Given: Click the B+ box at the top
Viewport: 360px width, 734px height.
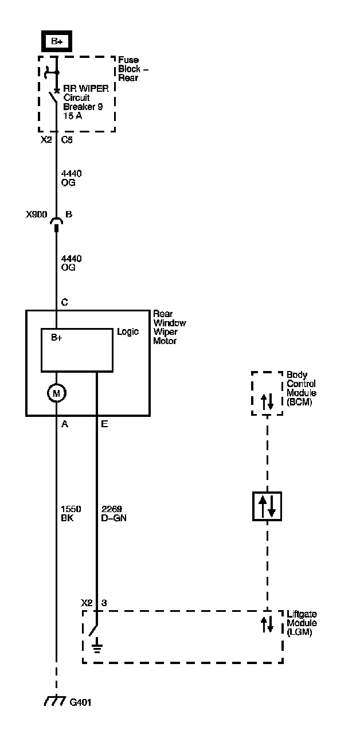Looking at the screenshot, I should pos(56,42).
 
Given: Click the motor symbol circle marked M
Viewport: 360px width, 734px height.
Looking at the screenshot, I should pos(56,393).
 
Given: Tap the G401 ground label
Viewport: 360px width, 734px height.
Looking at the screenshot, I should pos(80,702).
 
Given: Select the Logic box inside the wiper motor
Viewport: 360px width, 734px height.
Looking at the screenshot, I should pos(76,350).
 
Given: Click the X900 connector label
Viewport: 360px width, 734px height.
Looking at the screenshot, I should pos(36,214).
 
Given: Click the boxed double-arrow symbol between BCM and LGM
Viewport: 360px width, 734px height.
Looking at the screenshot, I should pos(267,506).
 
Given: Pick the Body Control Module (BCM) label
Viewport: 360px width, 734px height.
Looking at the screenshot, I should pos(302,388).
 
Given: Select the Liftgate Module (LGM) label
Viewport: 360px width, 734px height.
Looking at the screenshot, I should pos(302,623).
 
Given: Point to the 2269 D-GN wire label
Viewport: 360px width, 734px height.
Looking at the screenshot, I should pos(114,513).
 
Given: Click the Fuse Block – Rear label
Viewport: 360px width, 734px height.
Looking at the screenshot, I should pos(128,69).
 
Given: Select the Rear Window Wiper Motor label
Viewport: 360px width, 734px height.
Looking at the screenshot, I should pos(169,327).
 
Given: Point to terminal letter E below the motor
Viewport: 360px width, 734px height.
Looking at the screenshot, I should pos(104,424).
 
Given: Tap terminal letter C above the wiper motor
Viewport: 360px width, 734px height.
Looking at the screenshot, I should pos(64,302).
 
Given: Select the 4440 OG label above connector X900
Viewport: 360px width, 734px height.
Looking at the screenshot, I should pos(68,178).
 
